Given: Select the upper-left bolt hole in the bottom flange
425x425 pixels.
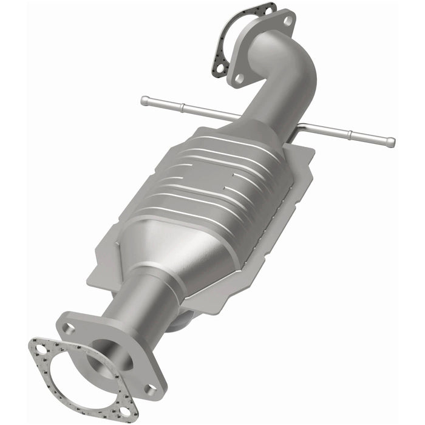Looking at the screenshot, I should tap(69, 328).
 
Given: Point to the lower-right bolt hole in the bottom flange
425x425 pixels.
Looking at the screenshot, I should tap(149, 387).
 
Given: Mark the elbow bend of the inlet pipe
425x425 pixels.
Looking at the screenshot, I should tap(291, 67).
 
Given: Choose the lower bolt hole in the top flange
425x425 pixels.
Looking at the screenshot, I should tap(240, 78).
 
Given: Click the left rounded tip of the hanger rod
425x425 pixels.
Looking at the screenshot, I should tap(144, 100).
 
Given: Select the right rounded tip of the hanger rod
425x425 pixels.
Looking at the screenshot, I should tap(391, 143).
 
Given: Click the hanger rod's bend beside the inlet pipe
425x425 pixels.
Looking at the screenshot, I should tap(304, 126).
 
